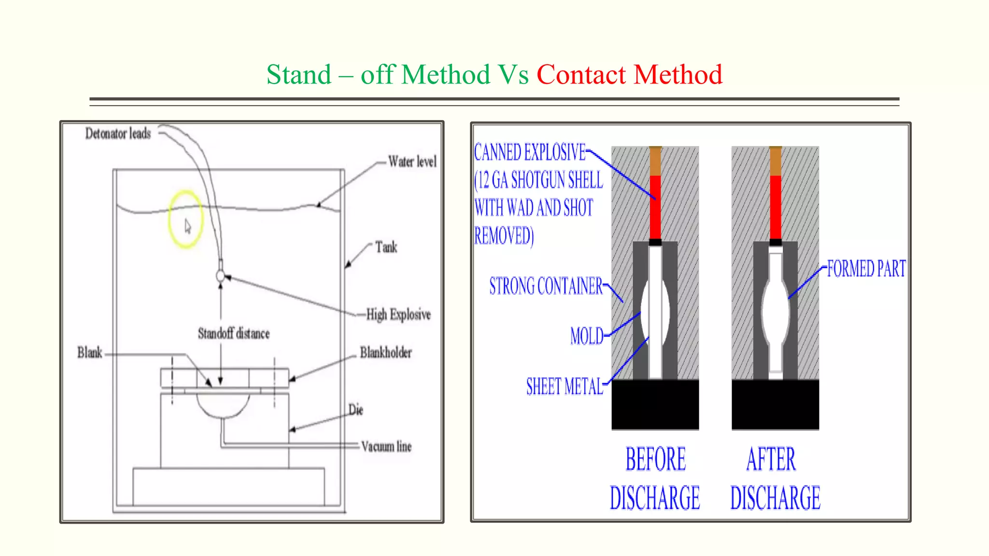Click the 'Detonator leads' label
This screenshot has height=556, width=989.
pos(118,134)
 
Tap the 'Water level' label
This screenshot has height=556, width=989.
pos(412,161)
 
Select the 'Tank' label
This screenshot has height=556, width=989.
pos(386,248)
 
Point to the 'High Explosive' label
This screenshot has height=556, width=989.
pos(398,315)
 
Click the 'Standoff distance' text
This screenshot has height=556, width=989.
pos(234,334)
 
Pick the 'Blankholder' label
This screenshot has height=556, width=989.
pos(386,353)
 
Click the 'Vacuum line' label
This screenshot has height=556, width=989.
pos(386,446)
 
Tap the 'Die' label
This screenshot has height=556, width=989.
pos(356,410)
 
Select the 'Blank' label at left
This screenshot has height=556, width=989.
pos(90,353)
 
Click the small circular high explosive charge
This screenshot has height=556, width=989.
pos(221,276)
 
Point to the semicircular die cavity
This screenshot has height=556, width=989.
pos(223,404)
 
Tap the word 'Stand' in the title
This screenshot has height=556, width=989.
pos(299,75)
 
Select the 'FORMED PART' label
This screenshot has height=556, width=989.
pos(866,269)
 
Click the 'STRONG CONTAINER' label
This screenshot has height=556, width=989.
pos(546,286)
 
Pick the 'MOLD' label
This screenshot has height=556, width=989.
pos(587,336)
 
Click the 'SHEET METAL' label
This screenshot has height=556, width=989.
pos(565,387)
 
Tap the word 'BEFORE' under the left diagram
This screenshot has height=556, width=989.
pos(655,459)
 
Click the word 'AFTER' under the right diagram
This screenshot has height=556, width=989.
pos(771,459)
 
